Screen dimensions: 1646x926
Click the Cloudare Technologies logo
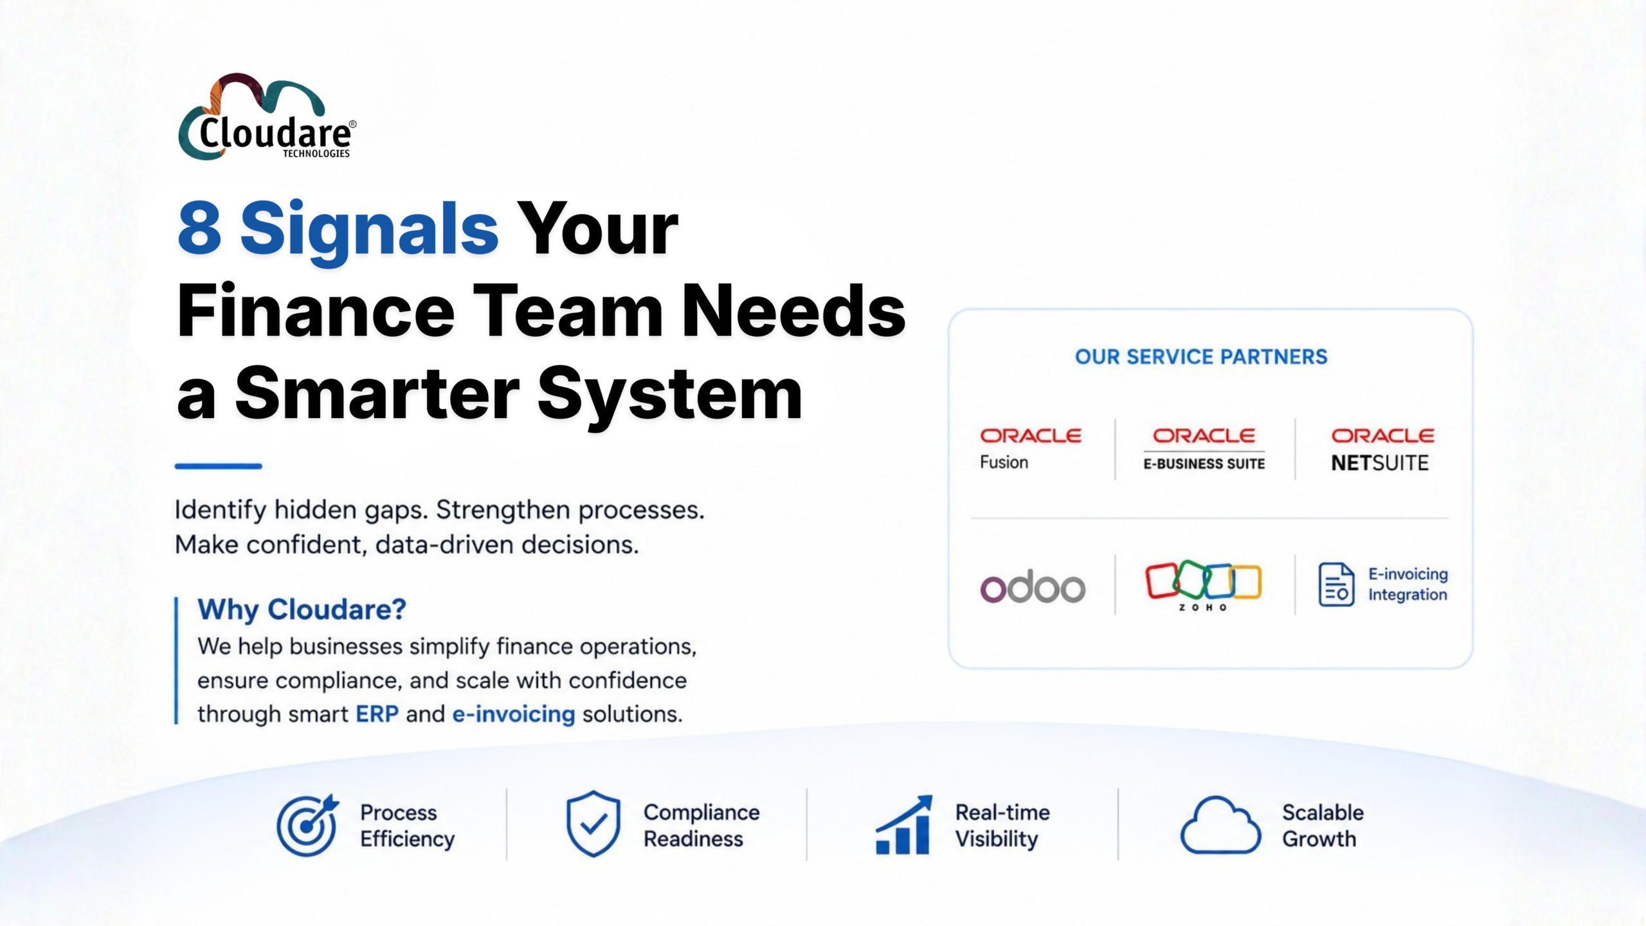point(267,117)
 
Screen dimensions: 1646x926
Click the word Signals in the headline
point(369,231)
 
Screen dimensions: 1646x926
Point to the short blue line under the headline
point(219,466)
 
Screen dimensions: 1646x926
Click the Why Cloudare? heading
point(302,609)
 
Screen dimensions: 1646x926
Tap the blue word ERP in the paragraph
point(377,714)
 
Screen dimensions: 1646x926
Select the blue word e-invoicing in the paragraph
point(513,714)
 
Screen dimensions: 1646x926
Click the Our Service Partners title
point(1201,357)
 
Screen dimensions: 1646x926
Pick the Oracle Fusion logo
point(1030,449)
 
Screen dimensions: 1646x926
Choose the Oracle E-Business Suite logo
point(1204,449)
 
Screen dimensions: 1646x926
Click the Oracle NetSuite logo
point(1382,450)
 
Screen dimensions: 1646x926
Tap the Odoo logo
point(1033,586)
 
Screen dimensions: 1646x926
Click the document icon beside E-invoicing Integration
point(1336,585)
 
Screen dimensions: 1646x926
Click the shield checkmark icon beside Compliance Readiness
point(593,824)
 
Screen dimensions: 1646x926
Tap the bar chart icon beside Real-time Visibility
point(903,825)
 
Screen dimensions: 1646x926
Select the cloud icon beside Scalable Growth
point(1220,825)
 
